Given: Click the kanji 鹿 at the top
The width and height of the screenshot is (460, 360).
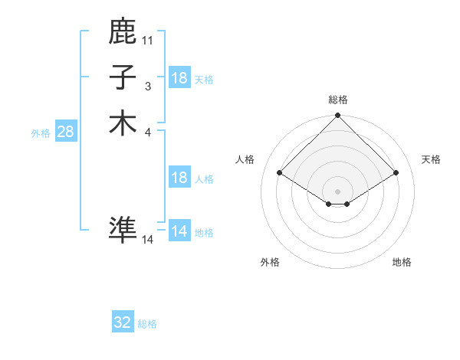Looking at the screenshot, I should point(123,32).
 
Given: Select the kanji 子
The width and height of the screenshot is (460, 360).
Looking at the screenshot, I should point(123,77).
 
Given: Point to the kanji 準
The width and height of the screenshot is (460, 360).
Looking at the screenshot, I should point(123,229).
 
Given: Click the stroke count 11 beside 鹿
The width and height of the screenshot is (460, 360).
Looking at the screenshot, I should point(148,40).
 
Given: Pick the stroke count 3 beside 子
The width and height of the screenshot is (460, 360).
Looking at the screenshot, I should point(148,86).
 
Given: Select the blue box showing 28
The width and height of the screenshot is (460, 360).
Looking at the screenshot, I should point(65,132).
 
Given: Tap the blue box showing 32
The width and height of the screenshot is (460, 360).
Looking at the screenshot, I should point(123,323).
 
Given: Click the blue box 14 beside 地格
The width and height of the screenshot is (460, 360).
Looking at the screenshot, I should point(179,232).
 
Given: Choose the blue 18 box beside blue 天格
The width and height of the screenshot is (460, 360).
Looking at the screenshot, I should point(179,78).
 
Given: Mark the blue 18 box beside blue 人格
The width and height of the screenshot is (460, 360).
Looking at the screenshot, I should point(179,178).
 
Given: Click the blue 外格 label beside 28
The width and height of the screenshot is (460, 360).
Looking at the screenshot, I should point(41,133).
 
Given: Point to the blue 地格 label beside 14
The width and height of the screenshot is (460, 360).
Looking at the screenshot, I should point(204,233).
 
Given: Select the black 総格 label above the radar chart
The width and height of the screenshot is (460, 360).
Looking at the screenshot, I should point(338,100).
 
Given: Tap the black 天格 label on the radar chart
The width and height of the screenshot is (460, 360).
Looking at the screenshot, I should point(432,159).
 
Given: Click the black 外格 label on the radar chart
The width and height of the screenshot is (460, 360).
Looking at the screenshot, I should point(270,262).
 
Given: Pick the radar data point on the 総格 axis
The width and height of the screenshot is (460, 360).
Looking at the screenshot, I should point(338,116).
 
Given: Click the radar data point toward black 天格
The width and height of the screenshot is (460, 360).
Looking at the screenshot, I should point(396,173).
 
